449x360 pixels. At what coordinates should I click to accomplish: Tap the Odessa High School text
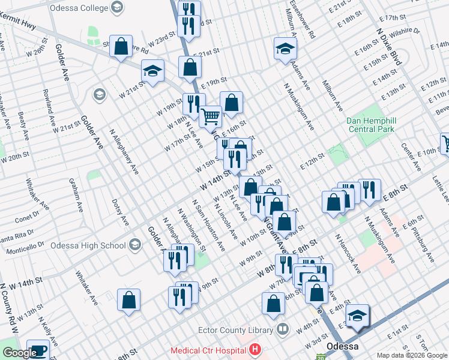click(x=88, y=245)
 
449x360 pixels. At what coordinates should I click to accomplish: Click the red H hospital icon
click(x=256, y=349)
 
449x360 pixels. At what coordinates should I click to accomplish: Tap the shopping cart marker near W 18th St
click(x=211, y=115)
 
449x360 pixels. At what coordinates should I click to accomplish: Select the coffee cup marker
click(x=39, y=350)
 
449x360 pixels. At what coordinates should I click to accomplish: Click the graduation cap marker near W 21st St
click(x=153, y=71)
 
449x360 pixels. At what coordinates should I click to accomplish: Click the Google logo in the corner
click(x=19, y=353)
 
